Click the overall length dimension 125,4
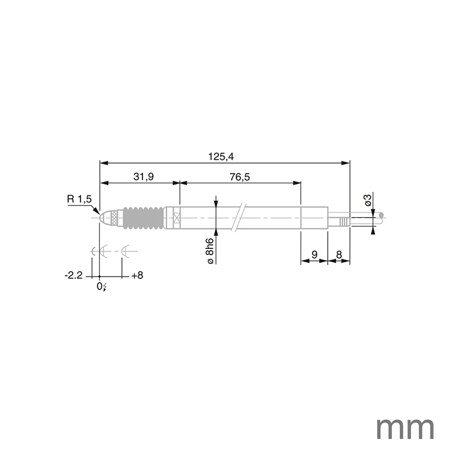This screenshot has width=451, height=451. (x=221, y=156)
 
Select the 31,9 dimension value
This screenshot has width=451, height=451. (x=143, y=176)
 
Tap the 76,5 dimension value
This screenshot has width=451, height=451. (x=239, y=176)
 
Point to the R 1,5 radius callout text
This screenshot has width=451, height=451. (x=79, y=199)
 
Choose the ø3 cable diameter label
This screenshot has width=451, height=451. (x=368, y=200)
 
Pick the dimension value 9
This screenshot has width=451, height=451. (x=313, y=255)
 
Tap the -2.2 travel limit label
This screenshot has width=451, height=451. (x=73, y=275)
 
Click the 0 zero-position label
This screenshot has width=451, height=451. (x=101, y=287)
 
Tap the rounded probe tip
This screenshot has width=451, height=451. (x=103, y=218)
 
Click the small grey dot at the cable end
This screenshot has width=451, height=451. (x=381, y=215)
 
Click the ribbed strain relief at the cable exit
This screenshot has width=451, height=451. (x=343, y=221)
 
